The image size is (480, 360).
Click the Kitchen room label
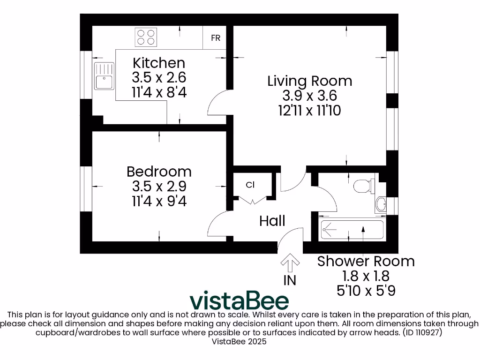[159, 63]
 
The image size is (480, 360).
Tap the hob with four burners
[145, 37]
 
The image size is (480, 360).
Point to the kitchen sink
[104, 76]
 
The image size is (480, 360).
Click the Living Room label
[309, 81]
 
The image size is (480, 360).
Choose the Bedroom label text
[159, 171]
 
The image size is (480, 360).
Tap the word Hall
[272, 220]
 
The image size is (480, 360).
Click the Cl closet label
[250, 185]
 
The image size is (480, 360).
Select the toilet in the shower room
[363, 186]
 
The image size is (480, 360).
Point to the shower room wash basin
[381, 204]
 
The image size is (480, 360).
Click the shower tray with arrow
[352, 229]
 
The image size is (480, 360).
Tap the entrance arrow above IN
[290, 262]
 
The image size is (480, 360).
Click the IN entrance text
[290, 280]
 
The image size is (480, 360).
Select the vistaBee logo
[239, 300]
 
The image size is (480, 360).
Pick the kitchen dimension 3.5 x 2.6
[159, 77]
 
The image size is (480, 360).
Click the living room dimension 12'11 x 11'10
[309, 111]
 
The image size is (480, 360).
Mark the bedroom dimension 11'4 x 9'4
[159, 201]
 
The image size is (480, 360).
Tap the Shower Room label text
[366, 261]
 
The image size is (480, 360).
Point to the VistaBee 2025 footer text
[240, 342]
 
